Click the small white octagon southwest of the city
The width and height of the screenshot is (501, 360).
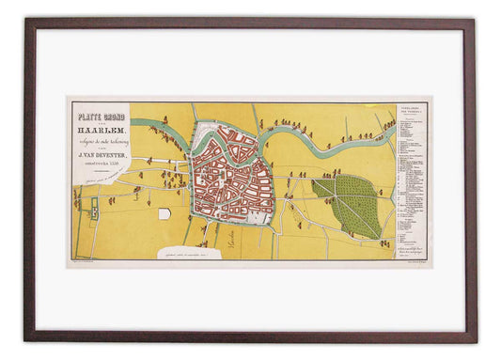click(164, 213)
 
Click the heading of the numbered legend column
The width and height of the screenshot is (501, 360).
click(413, 109)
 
